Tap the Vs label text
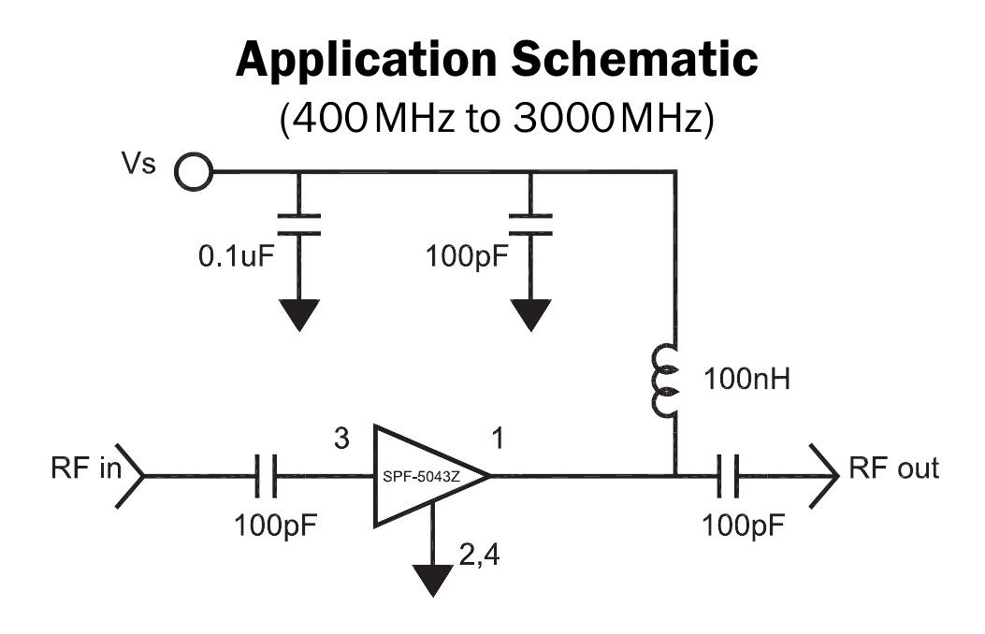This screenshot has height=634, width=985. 140,166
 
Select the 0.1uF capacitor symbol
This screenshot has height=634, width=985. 299,223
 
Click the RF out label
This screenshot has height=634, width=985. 893,468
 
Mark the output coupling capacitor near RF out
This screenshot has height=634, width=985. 729,476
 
